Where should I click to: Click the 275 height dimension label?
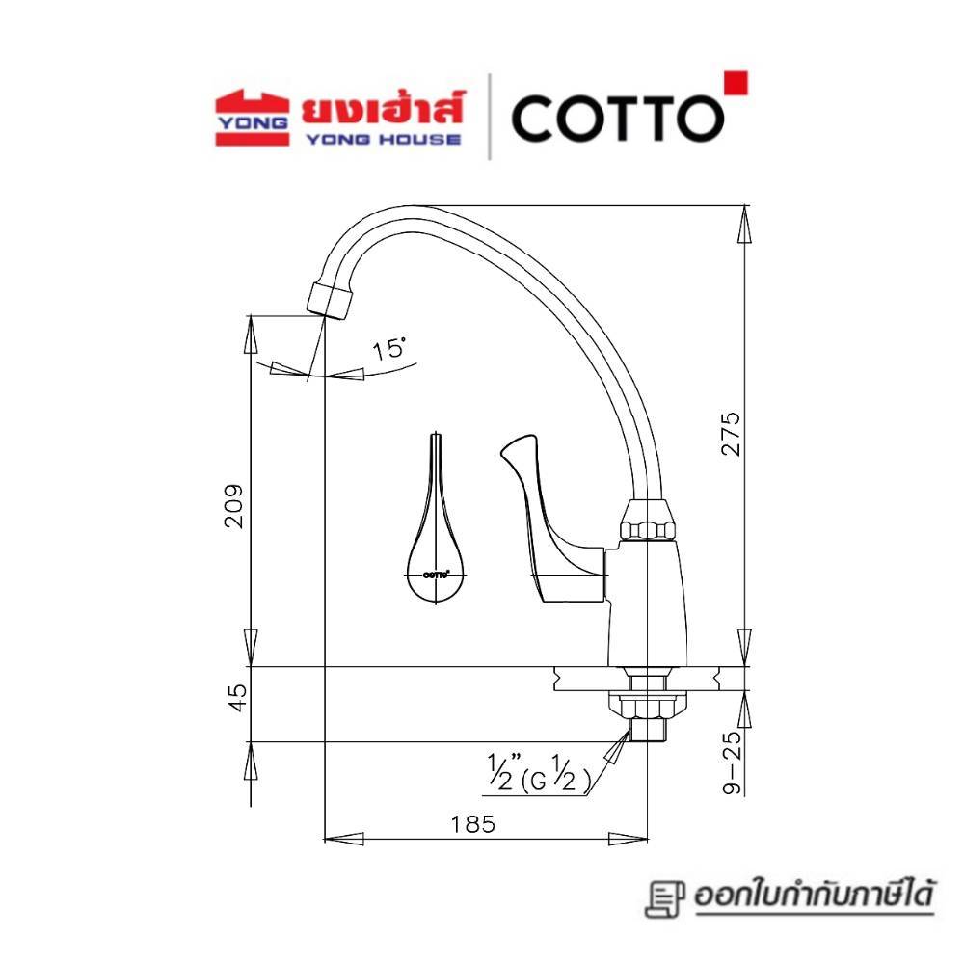[731, 434]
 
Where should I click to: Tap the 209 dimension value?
[233, 507]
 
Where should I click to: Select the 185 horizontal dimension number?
[472, 824]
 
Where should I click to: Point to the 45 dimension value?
[237, 698]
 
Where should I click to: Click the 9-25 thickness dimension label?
[733, 763]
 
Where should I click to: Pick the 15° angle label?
[389, 349]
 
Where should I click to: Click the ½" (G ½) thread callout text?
[539, 773]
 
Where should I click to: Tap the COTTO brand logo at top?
[618, 118]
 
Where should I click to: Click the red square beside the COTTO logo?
[736, 83]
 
